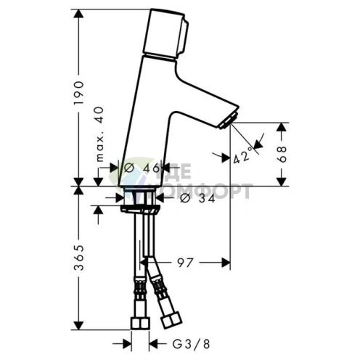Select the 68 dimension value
click(x=284, y=153)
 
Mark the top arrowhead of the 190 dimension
click(x=78, y=13)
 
